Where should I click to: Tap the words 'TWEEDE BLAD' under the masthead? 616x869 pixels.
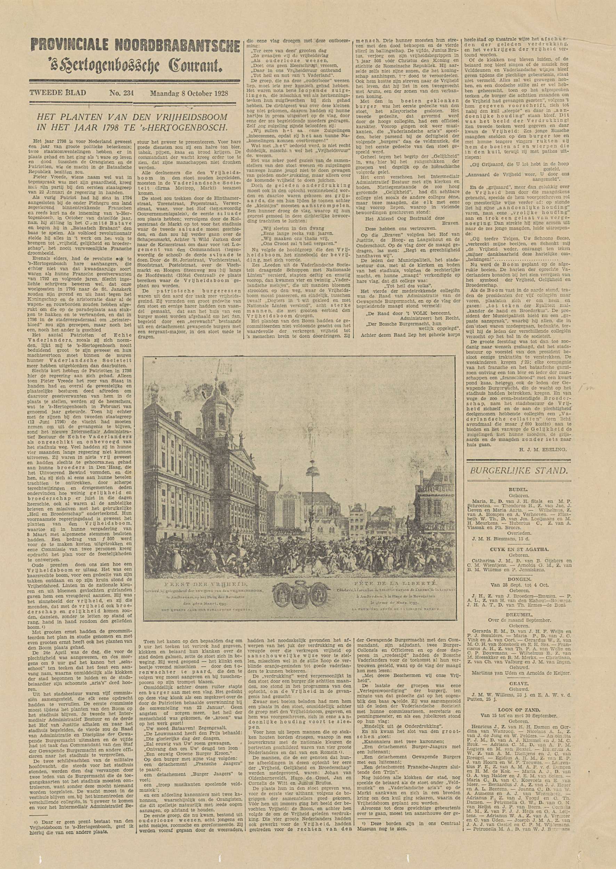[x=58, y=93]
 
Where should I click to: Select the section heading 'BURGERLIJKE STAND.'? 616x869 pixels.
[x=519, y=471]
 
